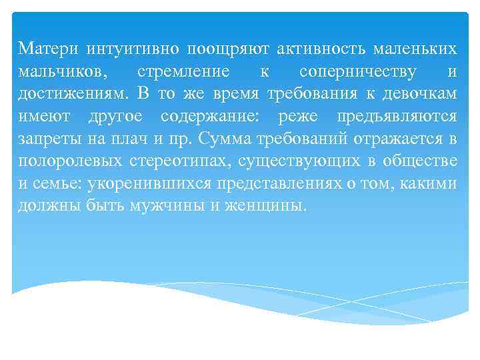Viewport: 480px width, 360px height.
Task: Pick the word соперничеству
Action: point(359,71)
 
